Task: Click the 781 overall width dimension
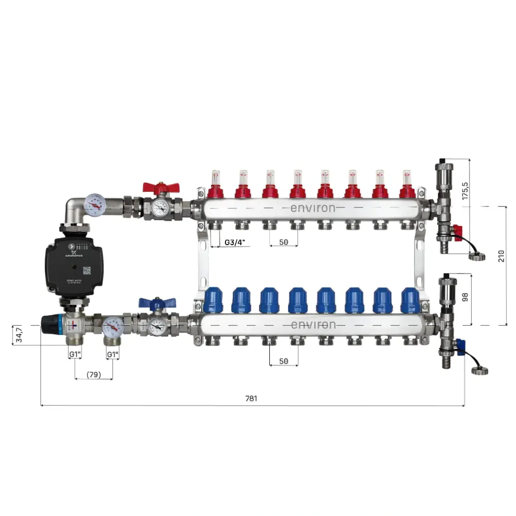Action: click(251, 398)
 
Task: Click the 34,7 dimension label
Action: click(19, 335)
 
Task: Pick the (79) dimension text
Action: click(94, 374)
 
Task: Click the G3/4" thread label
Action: click(234, 242)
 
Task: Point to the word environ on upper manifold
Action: click(312, 208)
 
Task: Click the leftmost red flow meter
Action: click(215, 185)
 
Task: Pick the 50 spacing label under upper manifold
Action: click(283, 242)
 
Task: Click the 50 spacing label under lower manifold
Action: click(283, 361)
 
